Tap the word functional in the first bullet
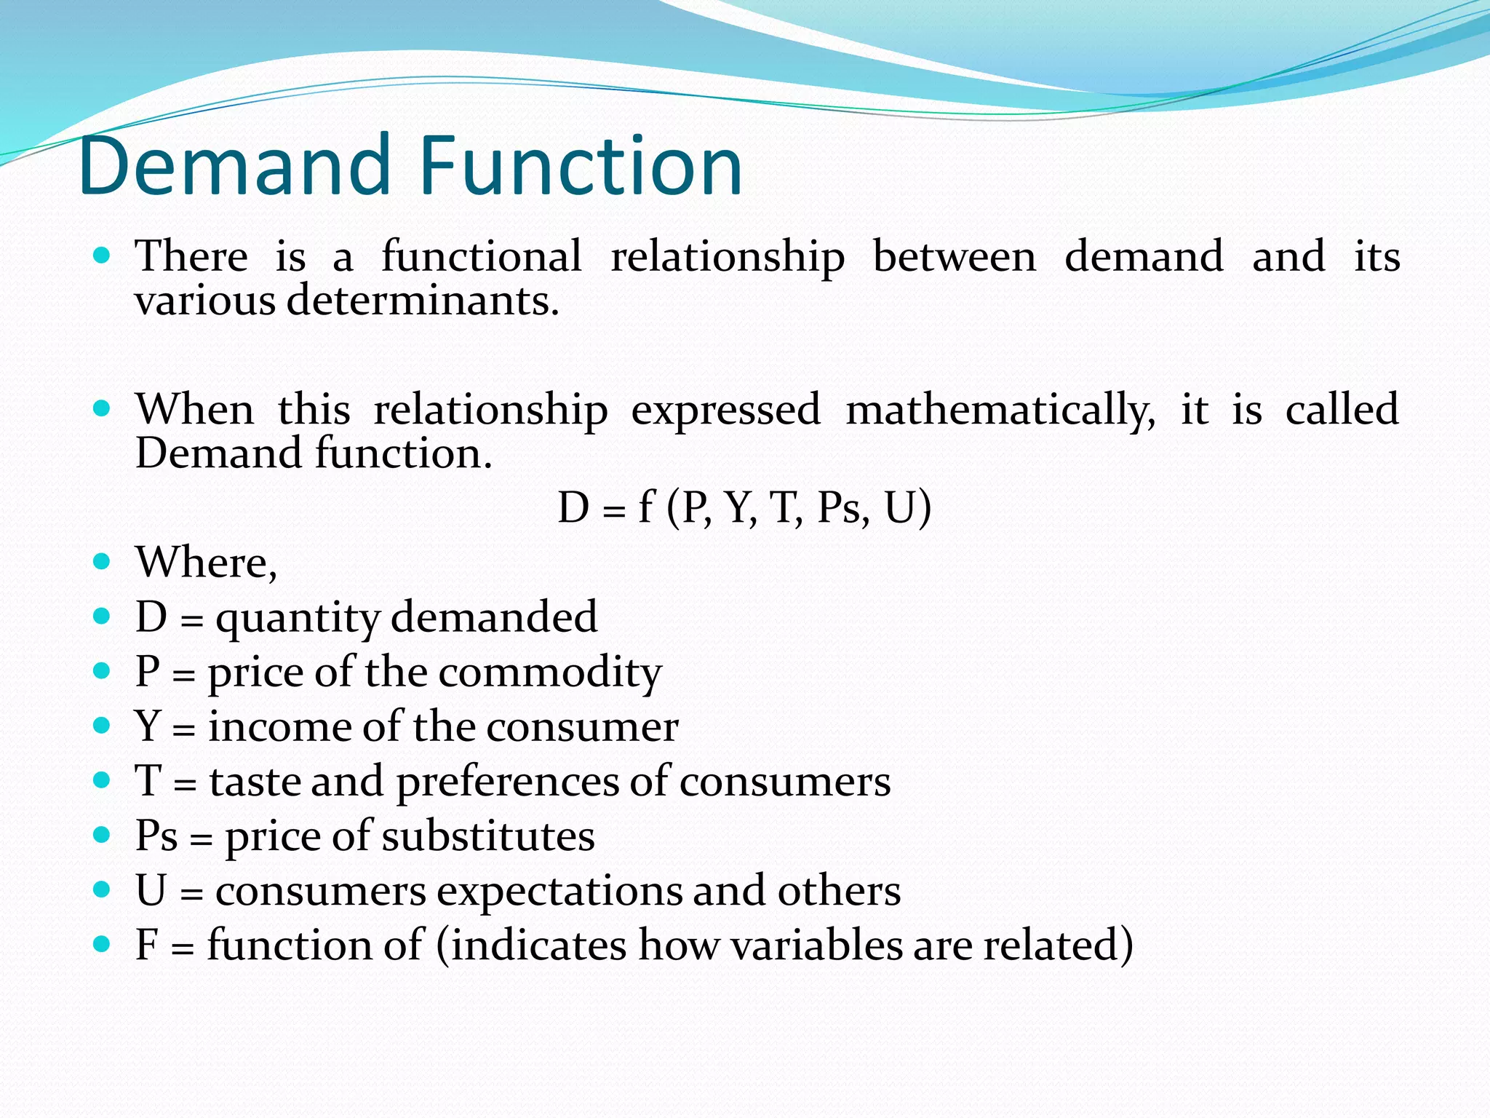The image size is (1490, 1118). [482, 256]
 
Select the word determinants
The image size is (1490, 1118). [423, 301]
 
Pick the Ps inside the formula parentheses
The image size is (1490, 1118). [842, 507]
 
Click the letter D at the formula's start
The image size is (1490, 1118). [573, 507]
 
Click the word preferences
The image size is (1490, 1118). [506, 782]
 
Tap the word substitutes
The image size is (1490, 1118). [488, 836]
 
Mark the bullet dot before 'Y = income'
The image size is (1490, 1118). [102, 725]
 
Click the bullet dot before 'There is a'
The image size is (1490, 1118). [102, 255]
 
